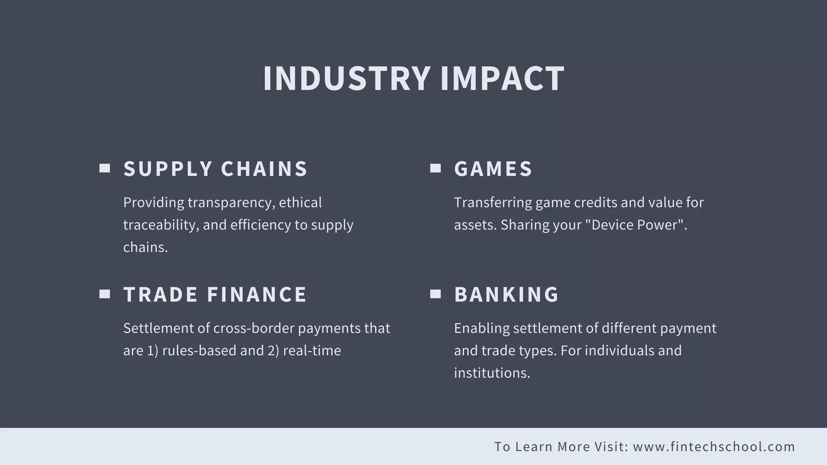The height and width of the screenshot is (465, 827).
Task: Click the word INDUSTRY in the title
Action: point(346,78)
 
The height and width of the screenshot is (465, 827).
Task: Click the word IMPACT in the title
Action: point(502,78)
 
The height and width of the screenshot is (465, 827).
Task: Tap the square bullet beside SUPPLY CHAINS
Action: point(105,168)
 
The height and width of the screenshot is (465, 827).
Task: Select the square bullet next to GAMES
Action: point(435,168)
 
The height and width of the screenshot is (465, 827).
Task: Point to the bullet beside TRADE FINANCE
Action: point(105,294)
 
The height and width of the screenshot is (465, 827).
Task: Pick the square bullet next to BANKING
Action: point(435,294)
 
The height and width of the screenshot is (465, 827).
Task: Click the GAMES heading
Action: point(493,169)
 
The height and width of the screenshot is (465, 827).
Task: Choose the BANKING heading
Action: point(506,294)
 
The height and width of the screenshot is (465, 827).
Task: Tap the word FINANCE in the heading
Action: point(257,294)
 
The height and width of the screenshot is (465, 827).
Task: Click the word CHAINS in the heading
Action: point(264,169)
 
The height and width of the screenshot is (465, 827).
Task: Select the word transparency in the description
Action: point(231,203)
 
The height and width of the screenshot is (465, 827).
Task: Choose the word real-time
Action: point(312,350)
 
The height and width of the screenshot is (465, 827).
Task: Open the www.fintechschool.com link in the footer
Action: point(714,447)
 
